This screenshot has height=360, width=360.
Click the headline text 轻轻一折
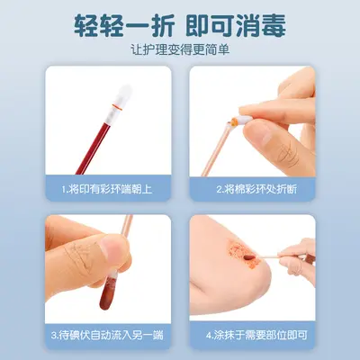pos(124,25)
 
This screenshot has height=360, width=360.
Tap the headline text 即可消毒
pos(236,25)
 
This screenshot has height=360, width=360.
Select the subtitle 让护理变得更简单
pos(180,49)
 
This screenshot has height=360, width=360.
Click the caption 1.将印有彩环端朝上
pos(107,189)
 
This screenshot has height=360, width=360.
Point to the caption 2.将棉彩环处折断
pos(256,189)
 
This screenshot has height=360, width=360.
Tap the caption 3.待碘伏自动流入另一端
pos(107,335)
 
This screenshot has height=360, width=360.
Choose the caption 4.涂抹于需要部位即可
pos(256,335)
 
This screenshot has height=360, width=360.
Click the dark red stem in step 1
pos(94,145)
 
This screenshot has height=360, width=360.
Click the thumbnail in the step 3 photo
pos(112,247)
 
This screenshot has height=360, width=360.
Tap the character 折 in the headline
pos(161,25)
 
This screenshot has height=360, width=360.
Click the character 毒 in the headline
pos(273,25)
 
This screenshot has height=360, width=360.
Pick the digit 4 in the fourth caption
pos(209,335)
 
